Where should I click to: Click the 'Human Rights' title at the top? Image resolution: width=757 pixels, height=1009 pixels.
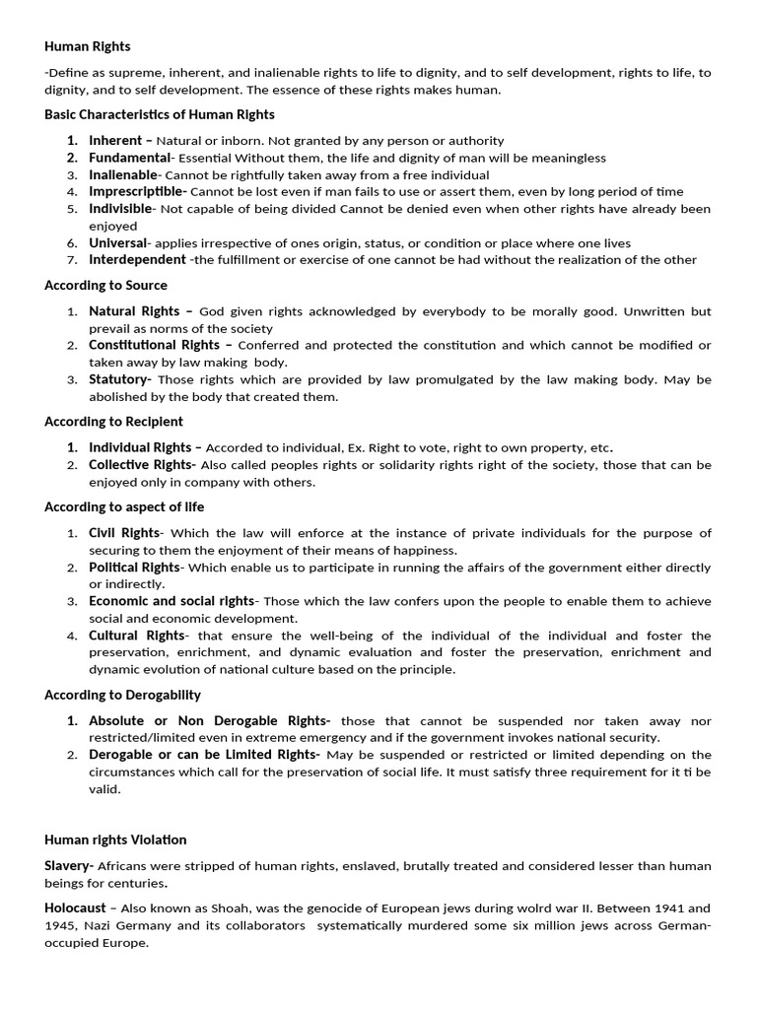[87, 46]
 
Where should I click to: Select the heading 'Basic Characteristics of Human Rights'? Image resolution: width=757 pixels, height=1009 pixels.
[160, 114]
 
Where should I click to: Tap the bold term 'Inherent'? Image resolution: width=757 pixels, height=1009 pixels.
[115, 140]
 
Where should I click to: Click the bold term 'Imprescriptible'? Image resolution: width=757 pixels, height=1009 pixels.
[136, 191]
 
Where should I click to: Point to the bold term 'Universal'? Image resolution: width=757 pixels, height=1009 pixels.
[117, 242]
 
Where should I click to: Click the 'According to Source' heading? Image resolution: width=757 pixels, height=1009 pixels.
[105, 286]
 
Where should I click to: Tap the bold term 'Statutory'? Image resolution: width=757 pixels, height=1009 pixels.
[118, 379]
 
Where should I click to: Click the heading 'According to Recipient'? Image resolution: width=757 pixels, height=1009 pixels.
[113, 422]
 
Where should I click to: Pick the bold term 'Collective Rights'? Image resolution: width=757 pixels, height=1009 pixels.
[140, 465]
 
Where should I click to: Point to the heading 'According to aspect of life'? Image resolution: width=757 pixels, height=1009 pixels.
[124, 507]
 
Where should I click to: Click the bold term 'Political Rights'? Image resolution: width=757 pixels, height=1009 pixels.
[134, 568]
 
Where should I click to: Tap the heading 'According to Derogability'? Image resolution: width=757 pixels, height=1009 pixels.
[122, 695]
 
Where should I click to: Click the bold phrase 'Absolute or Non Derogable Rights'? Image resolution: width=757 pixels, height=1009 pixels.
[209, 720]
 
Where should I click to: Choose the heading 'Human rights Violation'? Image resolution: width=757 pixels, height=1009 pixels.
[115, 840]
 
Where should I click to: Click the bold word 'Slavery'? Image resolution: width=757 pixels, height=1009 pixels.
[68, 866]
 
